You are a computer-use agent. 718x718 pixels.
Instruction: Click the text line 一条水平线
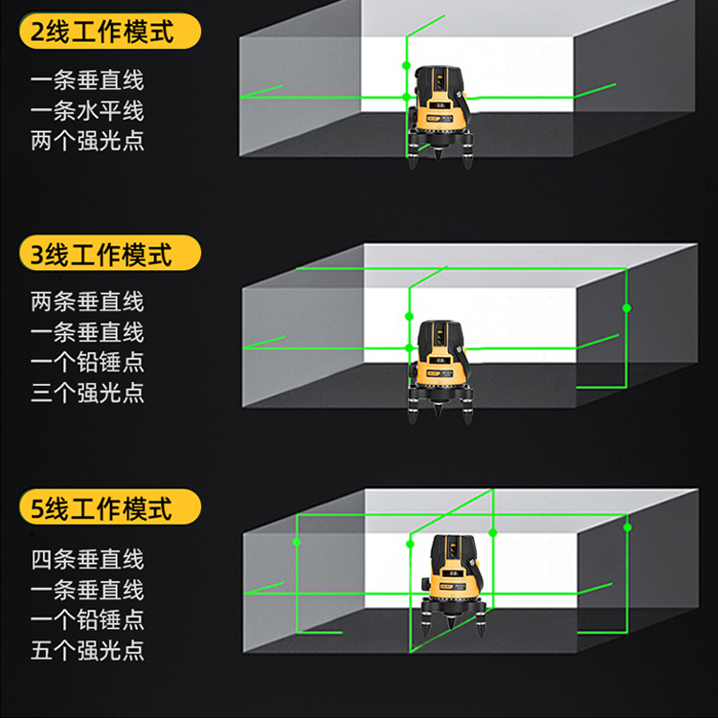[87, 110]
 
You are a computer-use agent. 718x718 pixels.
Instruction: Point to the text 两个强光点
[87, 141]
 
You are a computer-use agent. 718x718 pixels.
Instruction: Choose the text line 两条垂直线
[87, 302]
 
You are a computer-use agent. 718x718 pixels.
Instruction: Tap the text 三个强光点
[87, 393]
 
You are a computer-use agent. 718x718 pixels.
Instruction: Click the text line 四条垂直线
[87, 559]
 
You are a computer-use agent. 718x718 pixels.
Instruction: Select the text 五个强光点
[87, 650]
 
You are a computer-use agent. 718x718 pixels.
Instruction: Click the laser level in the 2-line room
[439, 117]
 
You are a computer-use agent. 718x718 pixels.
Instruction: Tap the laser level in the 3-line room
[439, 371]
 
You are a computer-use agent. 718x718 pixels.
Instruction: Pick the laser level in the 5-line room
[454, 585]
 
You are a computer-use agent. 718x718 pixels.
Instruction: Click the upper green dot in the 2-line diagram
[406, 65]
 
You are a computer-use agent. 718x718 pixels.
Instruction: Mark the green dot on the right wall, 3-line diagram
[627, 308]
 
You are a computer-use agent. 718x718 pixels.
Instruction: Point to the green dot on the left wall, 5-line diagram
[296, 542]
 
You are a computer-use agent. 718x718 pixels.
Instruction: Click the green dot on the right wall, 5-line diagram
[627, 527]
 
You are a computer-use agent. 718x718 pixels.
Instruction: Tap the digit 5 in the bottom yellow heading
[37, 508]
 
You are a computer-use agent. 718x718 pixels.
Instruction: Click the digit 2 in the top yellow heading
[37, 32]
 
